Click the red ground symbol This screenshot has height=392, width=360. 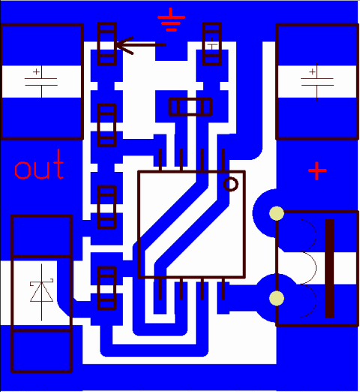pos(172,20)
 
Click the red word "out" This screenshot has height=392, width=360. pos(39,165)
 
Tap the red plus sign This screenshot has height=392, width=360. pos(317,171)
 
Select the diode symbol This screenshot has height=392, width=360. pos(41,292)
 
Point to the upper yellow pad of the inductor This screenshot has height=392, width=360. pos(277,213)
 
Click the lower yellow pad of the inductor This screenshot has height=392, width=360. pos(277,298)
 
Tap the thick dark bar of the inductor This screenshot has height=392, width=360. pos(330,269)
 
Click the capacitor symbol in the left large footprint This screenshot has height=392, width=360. pos(41,82)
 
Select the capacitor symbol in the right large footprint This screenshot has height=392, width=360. pos(317,82)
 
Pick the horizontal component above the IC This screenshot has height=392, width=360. pos(191,107)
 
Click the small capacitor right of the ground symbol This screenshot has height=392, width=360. pos(212,44)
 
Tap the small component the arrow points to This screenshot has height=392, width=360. pos(107,44)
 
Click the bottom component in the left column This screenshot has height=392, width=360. pos(107,288)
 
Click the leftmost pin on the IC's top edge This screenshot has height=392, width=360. pos(160,160)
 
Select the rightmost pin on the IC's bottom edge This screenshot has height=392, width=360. pos(223,288)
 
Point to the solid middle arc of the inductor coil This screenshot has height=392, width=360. pos(316,268)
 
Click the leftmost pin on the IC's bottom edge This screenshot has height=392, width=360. pos(160,288)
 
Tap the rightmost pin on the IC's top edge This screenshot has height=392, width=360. pos(223,160)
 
